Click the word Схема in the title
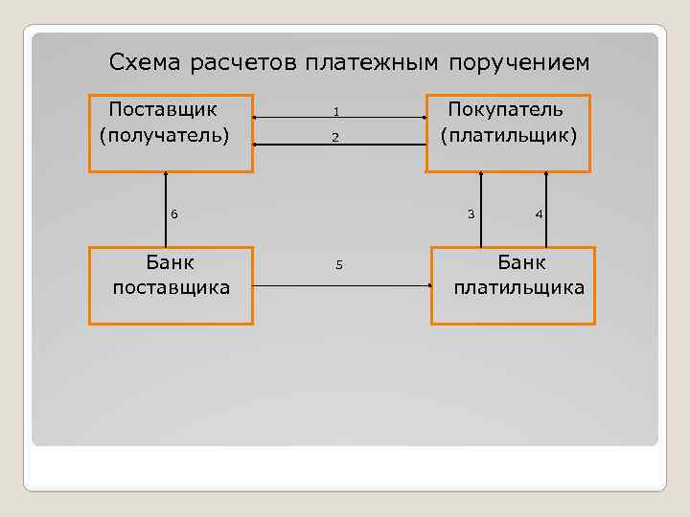coord(146,63)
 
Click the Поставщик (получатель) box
coord(171,132)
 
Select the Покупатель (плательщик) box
coord(508,132)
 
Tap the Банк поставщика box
coord(171,285)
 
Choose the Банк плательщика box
coord(513,285)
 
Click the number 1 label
coord(336,113)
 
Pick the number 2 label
coord(336,138)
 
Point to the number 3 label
coord(471,214)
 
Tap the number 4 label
coord(540,214)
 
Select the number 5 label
coord(339,264)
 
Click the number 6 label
coord(173,214)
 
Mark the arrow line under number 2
coord(339,145)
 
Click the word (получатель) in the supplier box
coord(164,134)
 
